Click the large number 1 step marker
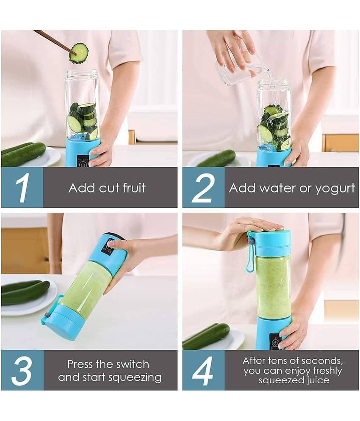coord(22,188)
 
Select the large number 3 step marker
coord(22,371)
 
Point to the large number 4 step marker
coord(203,371)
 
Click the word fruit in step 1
coord(134,187)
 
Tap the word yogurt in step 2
coord(335,189)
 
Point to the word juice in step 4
coord(318,380)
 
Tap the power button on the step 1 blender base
coord(83,164)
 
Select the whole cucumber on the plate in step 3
coord(25,292)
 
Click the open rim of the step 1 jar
coord(82,72)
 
